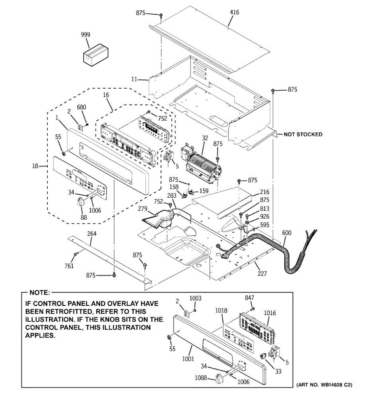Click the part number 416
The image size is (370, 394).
[234, 12]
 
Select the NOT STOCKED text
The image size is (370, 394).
[303, 134]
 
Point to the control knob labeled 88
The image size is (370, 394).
[80, 202]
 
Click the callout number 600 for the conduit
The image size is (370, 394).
[286, 233]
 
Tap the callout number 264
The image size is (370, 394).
[92, 234]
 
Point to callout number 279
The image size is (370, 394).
[142, 209]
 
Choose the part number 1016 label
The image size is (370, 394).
[270, 313]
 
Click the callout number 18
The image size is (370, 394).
[36, 166]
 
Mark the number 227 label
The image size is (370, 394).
[262, 273]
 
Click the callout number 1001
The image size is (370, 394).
[188, 359]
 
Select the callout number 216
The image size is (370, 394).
[264, 192]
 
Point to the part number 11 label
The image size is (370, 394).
[134, 79]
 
